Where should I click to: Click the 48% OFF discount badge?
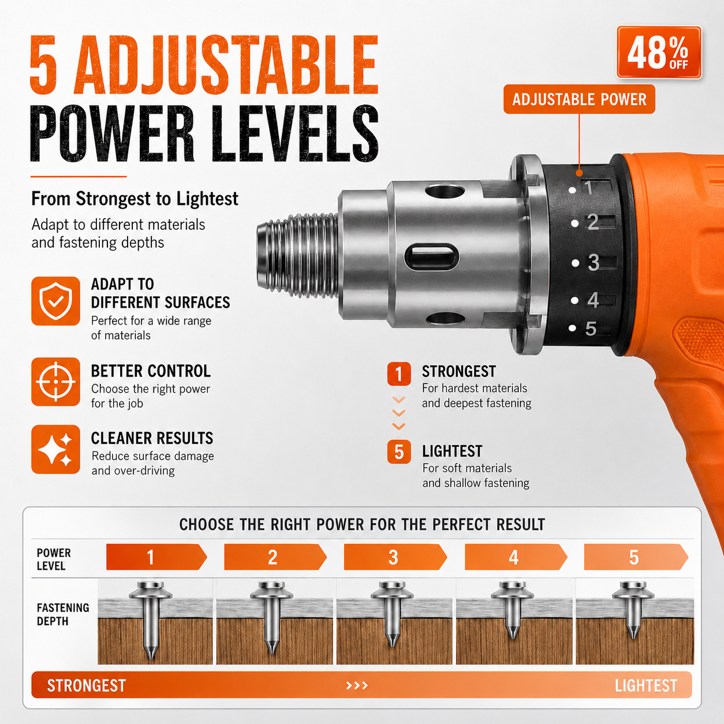point(659,52)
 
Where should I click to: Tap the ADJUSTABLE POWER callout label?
point(579,99)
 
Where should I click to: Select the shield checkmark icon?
point(55,301)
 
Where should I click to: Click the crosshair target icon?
point(55,382)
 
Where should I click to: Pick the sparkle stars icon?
point(55,449)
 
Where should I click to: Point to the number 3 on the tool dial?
point(594,262)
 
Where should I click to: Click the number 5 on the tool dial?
point(591,329)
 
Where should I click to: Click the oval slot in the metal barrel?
point(432,257)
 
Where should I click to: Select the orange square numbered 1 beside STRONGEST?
point(399,374)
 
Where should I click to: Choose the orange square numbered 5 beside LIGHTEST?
point(399,451)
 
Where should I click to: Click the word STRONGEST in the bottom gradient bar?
point(87,686)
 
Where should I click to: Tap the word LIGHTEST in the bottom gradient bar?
point(646,686)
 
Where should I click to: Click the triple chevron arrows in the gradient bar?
point(357,686)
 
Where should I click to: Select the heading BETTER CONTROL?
point(151,371)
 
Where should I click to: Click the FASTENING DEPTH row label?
point(63,614)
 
